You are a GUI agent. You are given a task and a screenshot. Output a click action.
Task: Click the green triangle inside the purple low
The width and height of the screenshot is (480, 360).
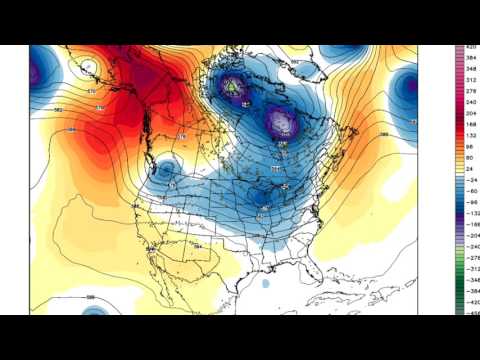(234, 87)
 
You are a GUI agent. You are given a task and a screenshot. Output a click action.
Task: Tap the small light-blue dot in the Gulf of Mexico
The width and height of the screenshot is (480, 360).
(266, 284)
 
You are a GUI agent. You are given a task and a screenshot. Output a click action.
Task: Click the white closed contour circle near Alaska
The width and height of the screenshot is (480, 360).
(89, 69)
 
